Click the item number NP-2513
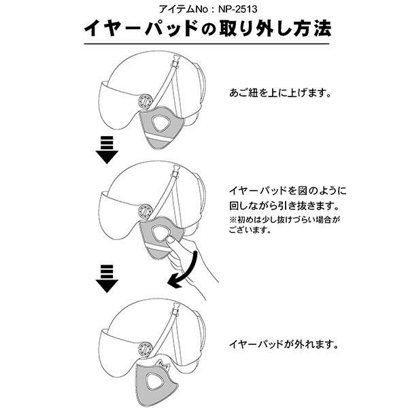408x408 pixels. [237, 10]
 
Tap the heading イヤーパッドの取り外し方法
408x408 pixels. [207, 28]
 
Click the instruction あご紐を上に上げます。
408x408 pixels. [280, 92]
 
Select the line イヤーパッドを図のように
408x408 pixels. [288, 190]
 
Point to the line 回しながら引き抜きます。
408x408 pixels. [284, 205]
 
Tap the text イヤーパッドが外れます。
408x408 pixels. [284, 345]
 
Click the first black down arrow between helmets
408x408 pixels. [107, 150]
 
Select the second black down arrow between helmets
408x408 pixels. [107, 279]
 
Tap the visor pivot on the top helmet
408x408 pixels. [144, 101]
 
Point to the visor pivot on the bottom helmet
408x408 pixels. [144, 348]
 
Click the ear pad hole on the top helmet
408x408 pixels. [160, 123]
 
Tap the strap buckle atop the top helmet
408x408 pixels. [176, 61]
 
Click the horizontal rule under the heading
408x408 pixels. [207, 44]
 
